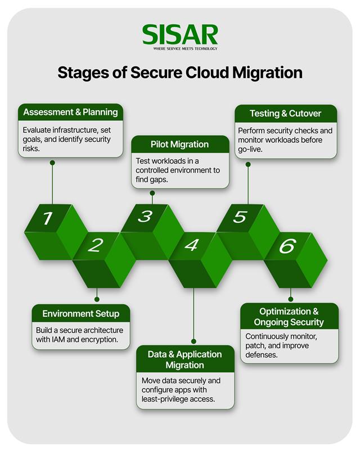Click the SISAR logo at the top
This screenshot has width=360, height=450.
[x=179, y=34]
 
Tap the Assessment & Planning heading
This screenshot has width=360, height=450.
[x=70, y=112]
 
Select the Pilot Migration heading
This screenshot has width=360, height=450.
[x=179, y=145]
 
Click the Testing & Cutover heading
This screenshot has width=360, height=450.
[x=285, y=114]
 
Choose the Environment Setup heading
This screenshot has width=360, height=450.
[x=81, y=313]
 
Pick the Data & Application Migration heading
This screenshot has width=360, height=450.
[x=185, y=359]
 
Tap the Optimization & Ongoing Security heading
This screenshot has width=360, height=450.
[x=289, y=317]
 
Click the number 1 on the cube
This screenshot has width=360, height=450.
[x=48, y=218]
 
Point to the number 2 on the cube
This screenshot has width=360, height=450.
[x=96, y=245]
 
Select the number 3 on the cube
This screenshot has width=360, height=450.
[x=145, y=216]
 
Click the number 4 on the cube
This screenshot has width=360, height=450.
[x=192, y=245]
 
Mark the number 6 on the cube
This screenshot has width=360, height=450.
[x=287, y=246]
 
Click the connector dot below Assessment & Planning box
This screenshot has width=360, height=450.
[x=52, y=163]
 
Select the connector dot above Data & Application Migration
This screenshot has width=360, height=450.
[x=193, y=341]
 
